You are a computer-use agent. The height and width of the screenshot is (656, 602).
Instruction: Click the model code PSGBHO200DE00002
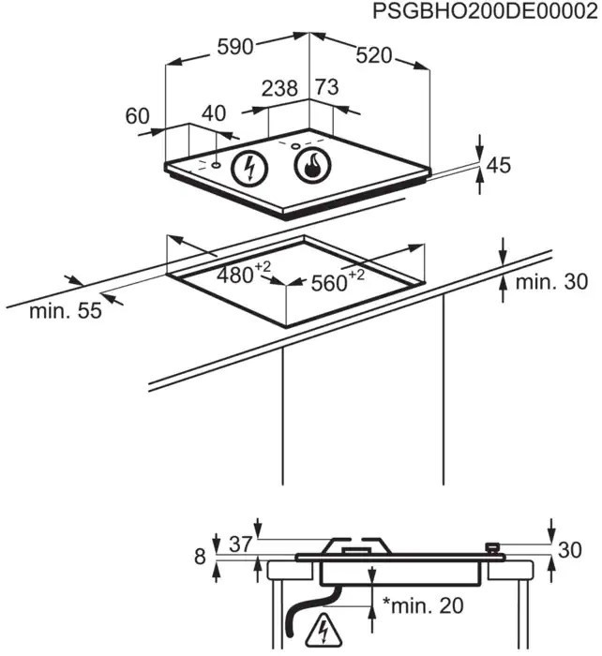[x=485, y=12]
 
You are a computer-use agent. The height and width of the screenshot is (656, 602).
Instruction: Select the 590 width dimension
[x=235, y=47]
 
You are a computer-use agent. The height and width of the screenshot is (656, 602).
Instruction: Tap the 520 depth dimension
[x=374, y=55]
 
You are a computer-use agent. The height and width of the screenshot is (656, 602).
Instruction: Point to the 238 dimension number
[x=279, y=88]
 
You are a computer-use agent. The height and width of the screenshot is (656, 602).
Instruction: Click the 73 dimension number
[x=326, y=87]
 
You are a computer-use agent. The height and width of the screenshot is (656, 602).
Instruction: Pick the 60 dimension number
[x=137, y=116]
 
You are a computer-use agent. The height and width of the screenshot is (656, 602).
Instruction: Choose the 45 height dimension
[x=499, y=165]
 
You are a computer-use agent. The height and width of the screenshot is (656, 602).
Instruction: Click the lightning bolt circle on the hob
[x=249, y=168]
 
